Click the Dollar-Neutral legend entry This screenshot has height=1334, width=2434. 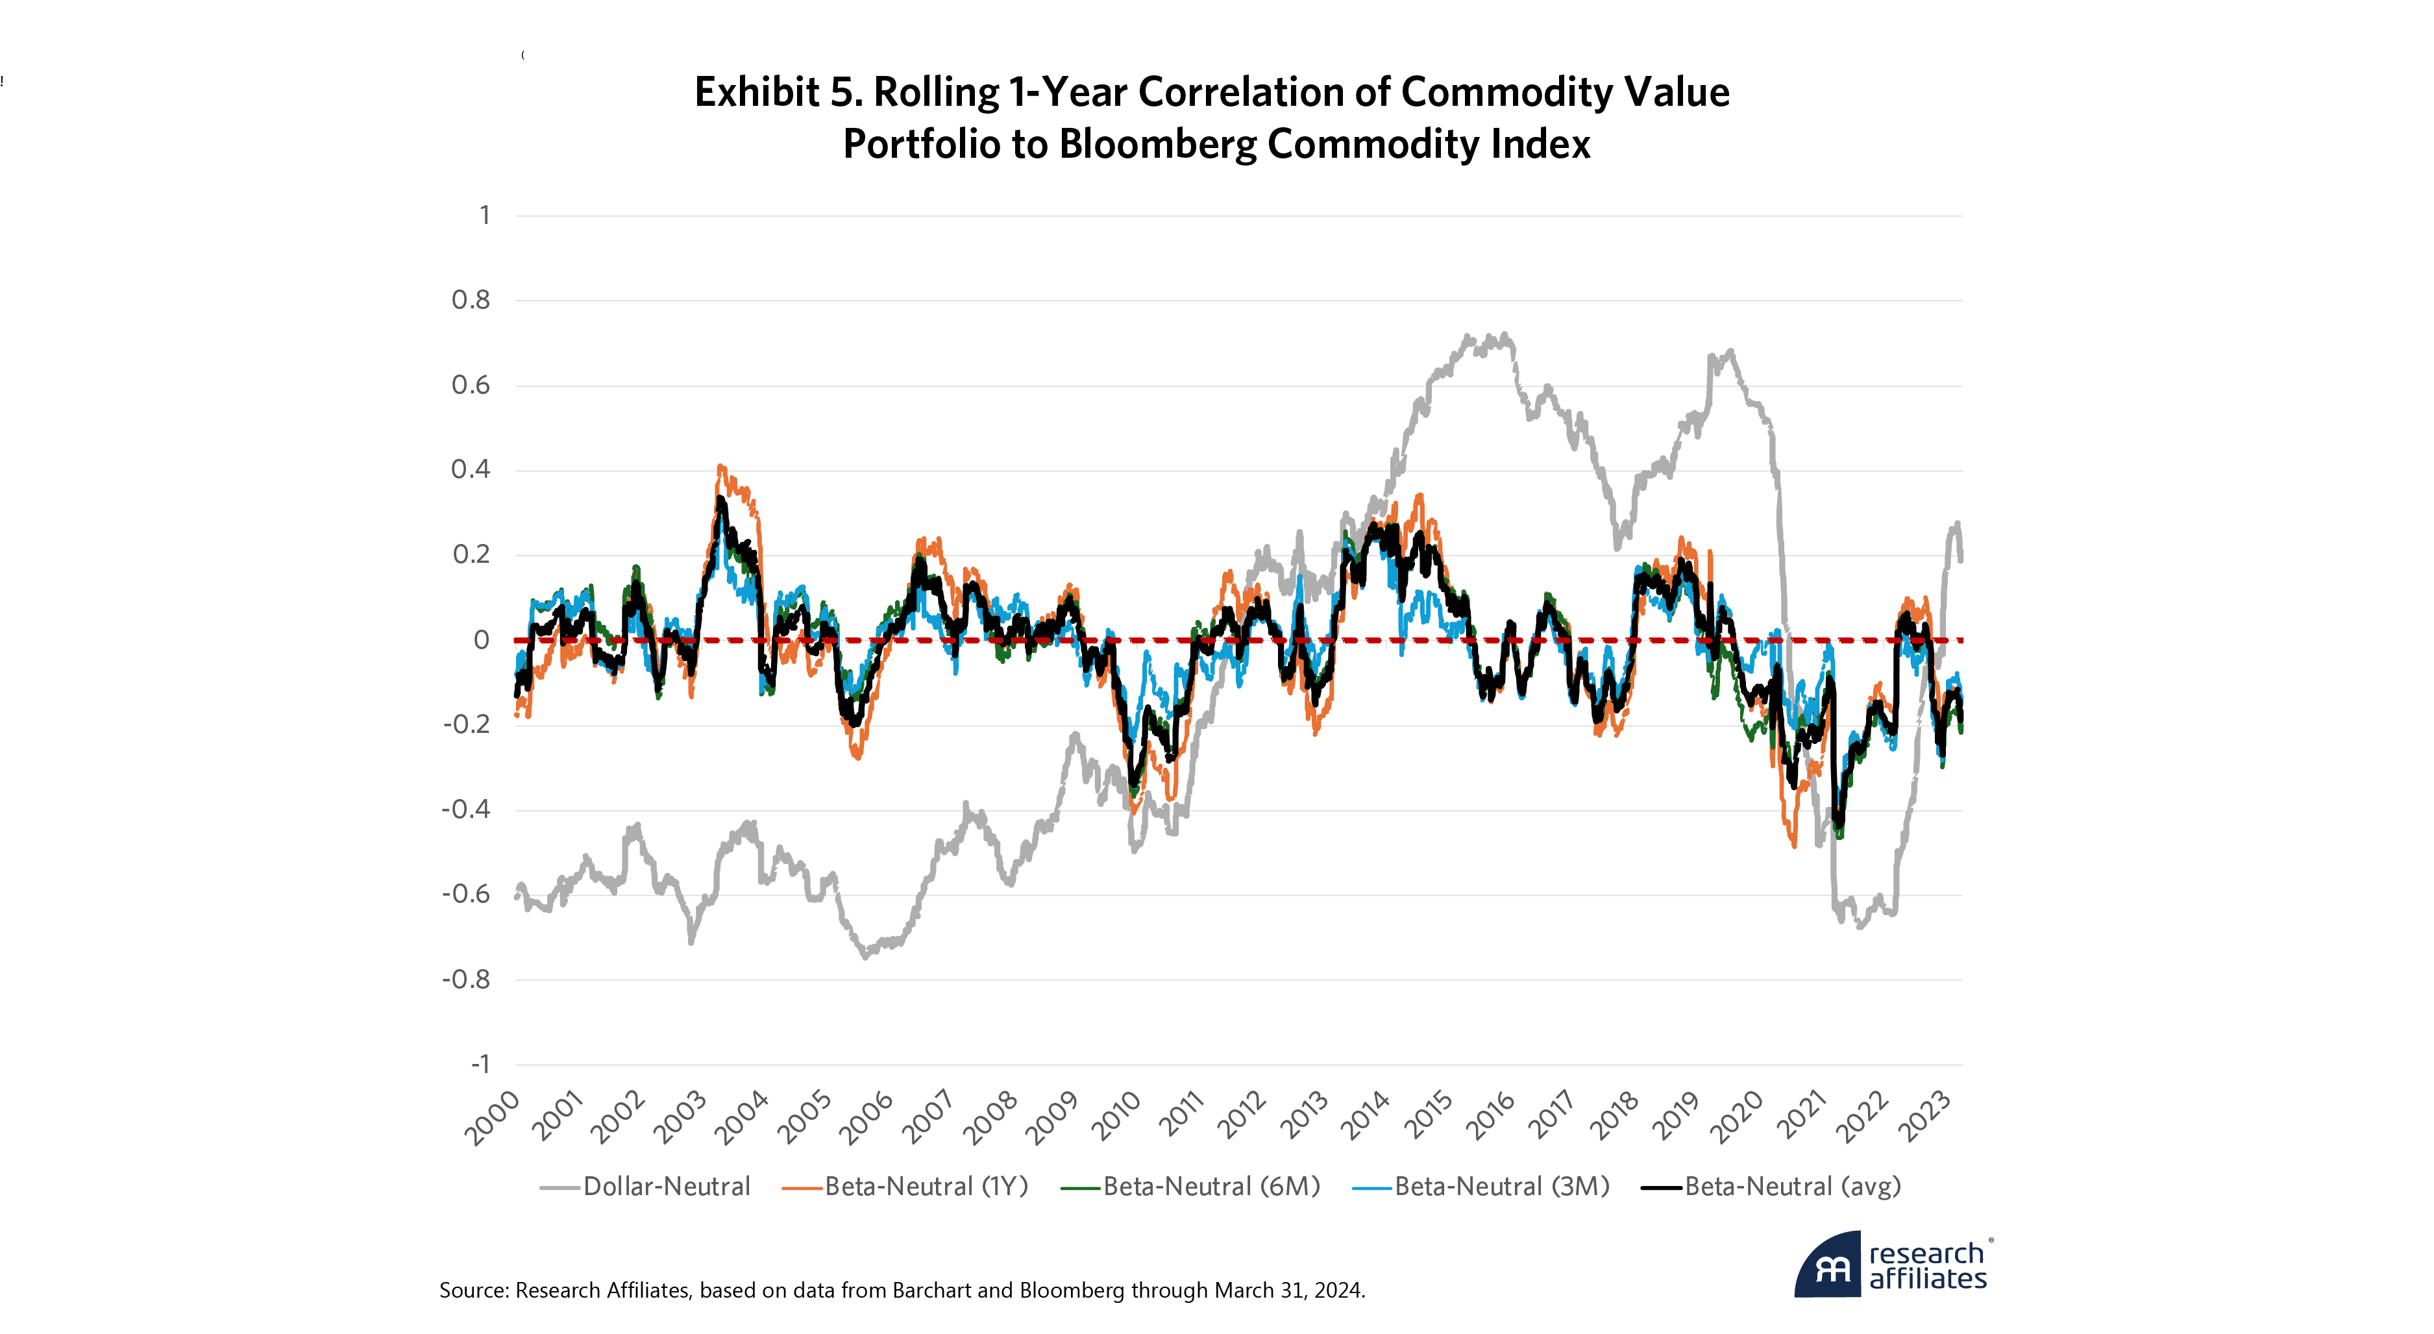[x=665, y=1186]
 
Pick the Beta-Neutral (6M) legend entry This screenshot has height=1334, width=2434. [x=1211, y=1186]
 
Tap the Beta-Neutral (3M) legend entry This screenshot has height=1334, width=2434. [x=1501, y=1186]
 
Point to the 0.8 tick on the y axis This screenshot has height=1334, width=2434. [x=471, y=301]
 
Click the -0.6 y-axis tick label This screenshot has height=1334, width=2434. [x=467, y=894]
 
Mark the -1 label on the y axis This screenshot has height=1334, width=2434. [x=480, y=1064]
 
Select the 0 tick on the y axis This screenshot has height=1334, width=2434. [x=481, y=639]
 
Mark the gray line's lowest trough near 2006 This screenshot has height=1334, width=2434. [x=865, y=957]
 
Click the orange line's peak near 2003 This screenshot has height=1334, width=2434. [x=721, y=466]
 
